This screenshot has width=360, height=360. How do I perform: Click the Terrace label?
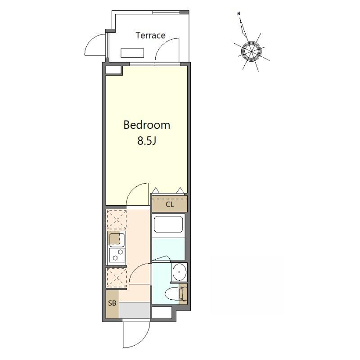click(x=150, y=36)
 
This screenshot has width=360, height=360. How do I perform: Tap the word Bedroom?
click(x=147, y=125)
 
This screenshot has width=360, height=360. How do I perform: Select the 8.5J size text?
click(x=147, y=140)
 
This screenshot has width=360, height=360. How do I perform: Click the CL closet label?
click(x=170, y=204)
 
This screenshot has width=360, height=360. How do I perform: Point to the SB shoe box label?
click(x=112, y=303)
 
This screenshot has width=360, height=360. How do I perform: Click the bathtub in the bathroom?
click(x=168, y=224)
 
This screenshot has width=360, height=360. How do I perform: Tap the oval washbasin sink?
click(x=179, y=272)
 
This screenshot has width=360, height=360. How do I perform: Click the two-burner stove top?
click(x=117, y=255)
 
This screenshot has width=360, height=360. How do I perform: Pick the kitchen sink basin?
click(x=117, y=239)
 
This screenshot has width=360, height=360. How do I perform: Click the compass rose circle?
click(x=252, y=51)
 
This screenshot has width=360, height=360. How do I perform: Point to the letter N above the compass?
click(x=239, y=14)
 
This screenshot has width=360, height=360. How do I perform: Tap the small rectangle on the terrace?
click(x=132, y=53)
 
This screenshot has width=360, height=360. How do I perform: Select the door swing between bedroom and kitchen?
click(x=138, y=194)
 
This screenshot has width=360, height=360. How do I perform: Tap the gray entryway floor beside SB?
click(x=135, y=310)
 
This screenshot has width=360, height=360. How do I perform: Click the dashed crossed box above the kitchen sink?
click(x=117, y=220)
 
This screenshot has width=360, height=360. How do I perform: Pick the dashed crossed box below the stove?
click(x=117, y=278)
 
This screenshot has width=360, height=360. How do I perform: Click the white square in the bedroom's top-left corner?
click(x=113, y=70)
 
